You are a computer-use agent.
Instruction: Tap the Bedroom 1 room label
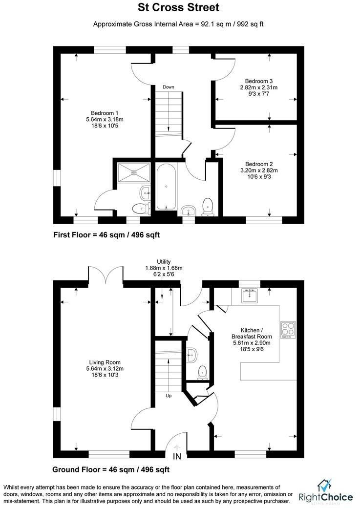point(105,119)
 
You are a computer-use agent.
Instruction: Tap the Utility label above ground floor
point(164,268)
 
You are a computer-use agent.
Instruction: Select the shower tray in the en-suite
point(133,172)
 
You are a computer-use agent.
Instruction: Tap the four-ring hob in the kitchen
point(287,330)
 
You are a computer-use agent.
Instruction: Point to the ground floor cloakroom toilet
point(202,373)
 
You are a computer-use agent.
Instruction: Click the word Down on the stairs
point(169,87)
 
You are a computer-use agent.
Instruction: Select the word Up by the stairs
point(169,396)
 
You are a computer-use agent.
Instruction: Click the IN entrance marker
point(177,457)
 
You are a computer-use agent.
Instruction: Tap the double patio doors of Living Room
point(106,275)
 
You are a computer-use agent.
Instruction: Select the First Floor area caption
point(106,235)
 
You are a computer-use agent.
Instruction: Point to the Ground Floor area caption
point(111,470)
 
